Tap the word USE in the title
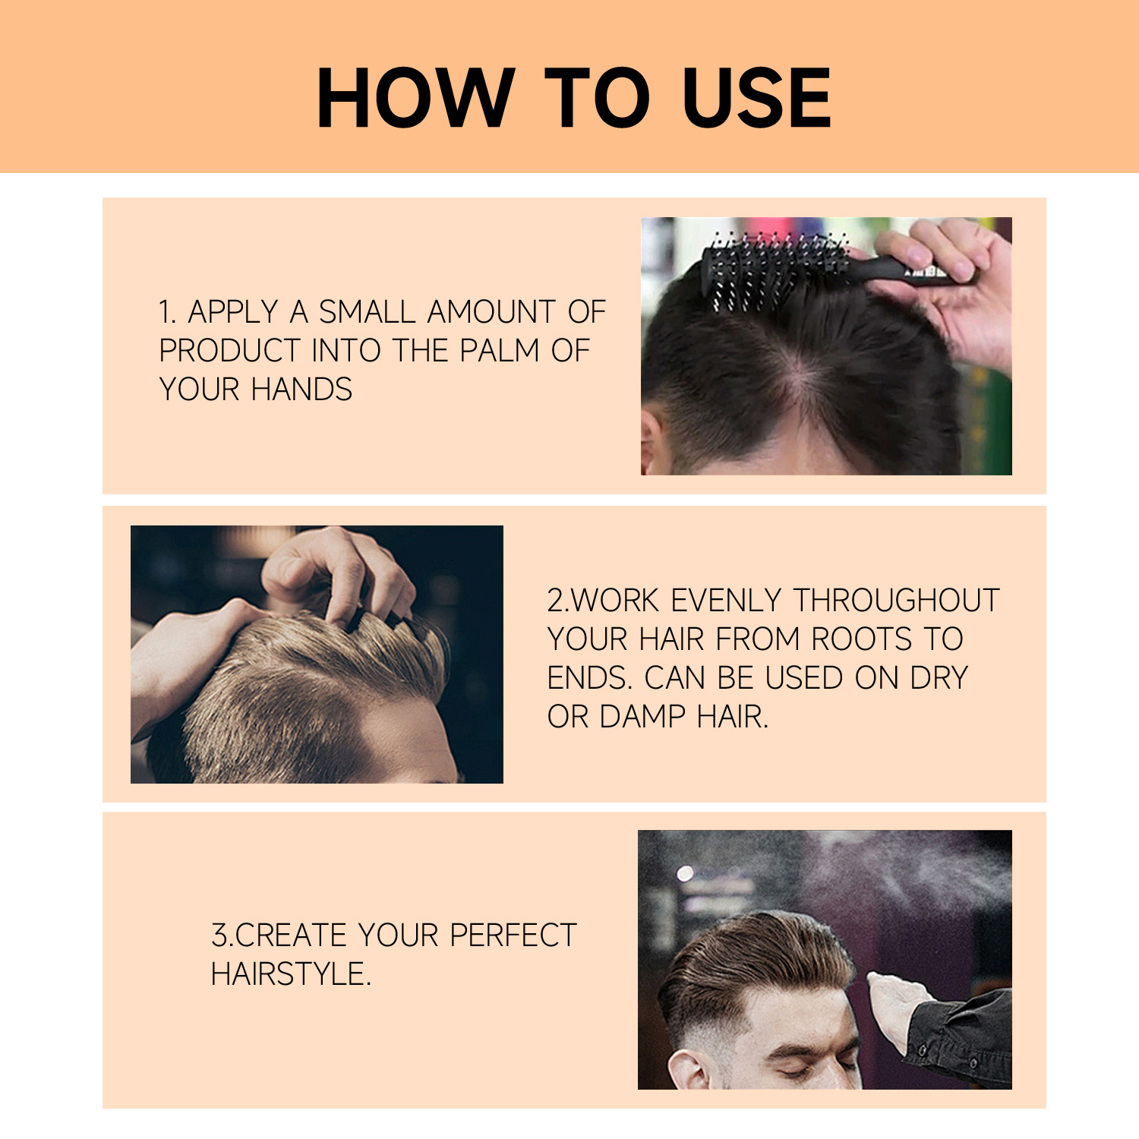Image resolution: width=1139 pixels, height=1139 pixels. click(756, 98)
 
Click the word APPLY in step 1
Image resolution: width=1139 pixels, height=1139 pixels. click(232, 312)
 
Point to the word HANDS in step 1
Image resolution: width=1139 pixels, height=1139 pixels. click(301, 390)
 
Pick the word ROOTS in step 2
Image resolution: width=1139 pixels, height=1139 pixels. click(861, 639)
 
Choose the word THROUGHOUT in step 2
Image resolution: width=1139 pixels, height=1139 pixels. click(897, 601)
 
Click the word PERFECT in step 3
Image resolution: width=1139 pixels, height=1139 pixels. click(513, 935)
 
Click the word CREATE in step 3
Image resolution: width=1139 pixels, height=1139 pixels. click(292, 935)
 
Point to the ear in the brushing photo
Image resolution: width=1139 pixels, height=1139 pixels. click(651, 444)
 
